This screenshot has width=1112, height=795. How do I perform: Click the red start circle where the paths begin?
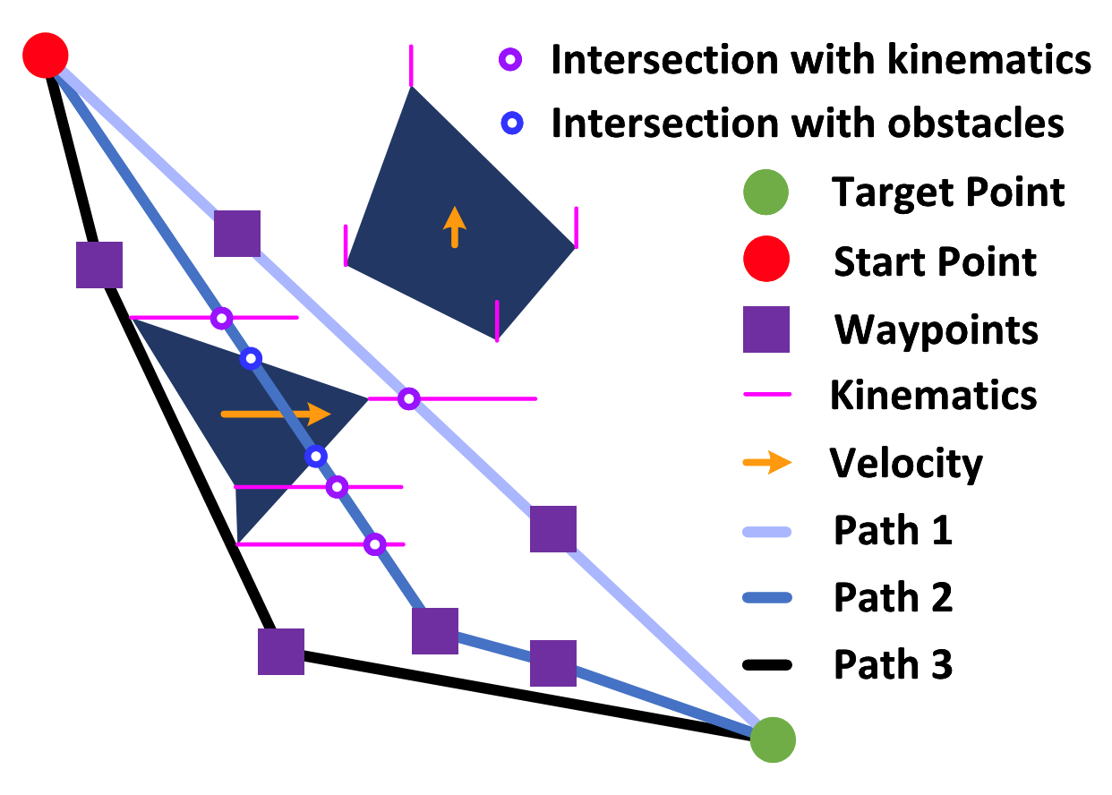coord(45,56)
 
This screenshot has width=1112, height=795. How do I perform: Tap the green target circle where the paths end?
coord(772,739)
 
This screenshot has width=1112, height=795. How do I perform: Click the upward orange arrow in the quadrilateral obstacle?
coord(455,227)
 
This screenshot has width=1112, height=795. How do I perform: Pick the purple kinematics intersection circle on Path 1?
coord(408,397)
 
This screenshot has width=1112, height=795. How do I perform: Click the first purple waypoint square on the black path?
coord(99,265)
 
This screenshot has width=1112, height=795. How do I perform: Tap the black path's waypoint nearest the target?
coord(281,651)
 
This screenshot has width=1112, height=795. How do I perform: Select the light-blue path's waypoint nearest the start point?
coord(237,234)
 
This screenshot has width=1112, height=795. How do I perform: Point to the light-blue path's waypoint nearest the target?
coord(553,528)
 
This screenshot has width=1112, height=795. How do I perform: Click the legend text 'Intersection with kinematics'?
coord(820,61)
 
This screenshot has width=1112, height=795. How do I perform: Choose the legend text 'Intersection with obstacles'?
coord(808,124)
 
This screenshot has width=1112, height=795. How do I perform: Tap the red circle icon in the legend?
coord(766,261)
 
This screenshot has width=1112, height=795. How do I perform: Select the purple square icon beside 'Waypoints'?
coord(766,329)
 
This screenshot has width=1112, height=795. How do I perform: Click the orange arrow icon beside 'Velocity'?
coord(767,463)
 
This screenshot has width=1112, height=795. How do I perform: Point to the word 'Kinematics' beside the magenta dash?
coord(933,396)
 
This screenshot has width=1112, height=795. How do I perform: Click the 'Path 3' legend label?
coord(893,664)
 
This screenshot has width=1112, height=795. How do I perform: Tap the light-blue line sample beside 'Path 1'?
coord(767,532)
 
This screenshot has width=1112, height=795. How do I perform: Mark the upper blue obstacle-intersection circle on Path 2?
coord(252,358)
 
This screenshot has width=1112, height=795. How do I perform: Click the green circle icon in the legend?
coord(766,192)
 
